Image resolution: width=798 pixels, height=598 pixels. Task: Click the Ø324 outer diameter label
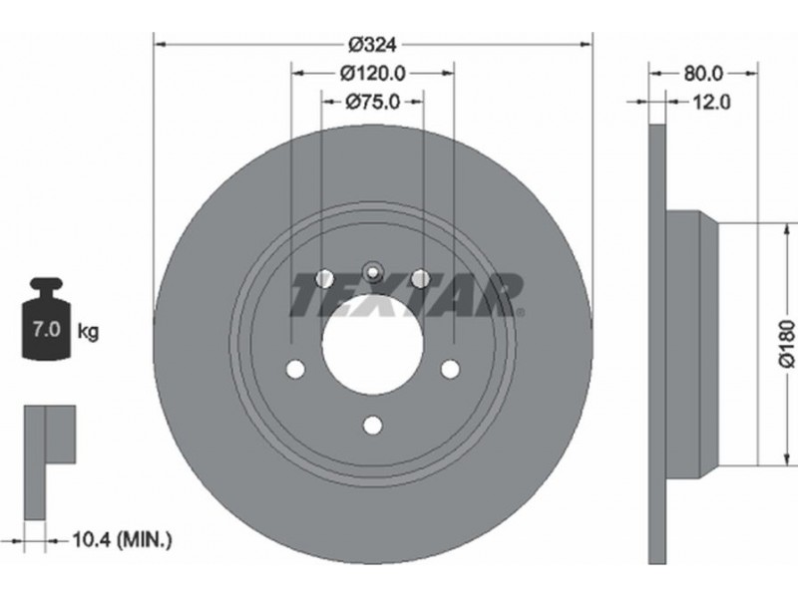[x=372, y=45]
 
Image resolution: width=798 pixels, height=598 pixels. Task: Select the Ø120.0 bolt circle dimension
[x=372, y=74]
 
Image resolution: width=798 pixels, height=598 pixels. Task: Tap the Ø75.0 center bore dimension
[x=372, y=103]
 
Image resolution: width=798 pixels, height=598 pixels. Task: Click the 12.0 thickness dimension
[x=711, y=103]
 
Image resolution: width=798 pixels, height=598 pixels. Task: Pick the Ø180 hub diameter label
[x=787, y=344]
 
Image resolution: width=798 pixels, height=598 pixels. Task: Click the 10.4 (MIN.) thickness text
[x=122, y=539]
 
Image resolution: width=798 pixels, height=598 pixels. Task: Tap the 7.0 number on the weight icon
[x=46, y=330]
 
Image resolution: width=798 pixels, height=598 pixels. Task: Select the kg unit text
[x=88, y=333]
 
